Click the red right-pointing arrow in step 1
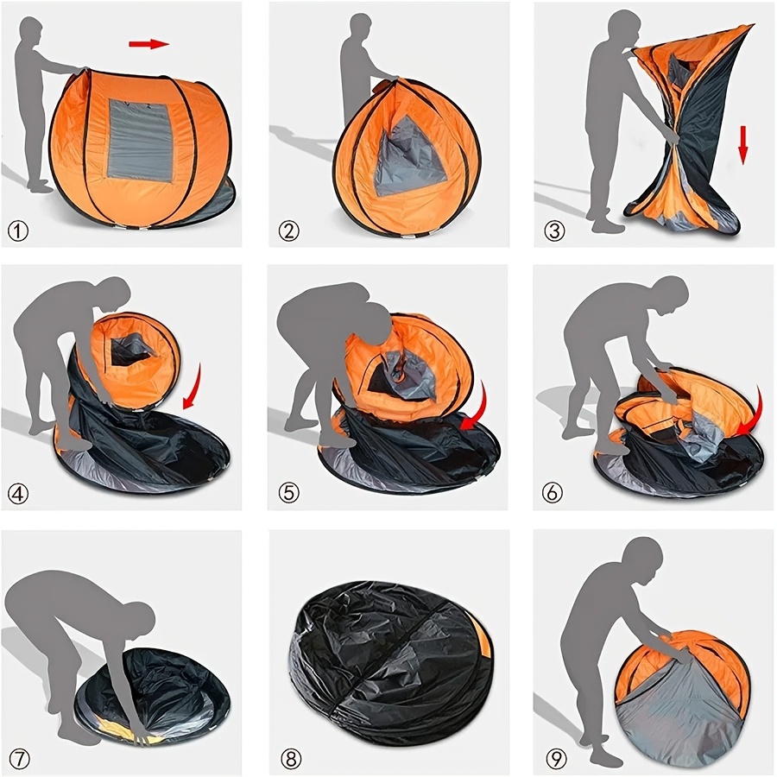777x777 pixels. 148,43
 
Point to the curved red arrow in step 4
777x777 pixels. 192,388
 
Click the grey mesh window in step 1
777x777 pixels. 141,139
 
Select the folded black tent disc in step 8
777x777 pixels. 388,660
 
